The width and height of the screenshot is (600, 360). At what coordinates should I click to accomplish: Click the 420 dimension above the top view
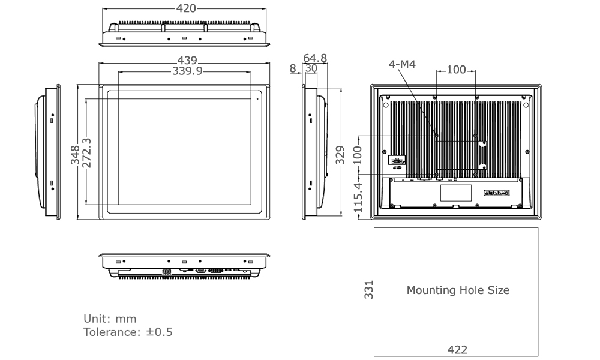[x=185, y=9]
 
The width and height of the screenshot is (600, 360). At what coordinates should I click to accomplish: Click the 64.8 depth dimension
[x=315, y=58]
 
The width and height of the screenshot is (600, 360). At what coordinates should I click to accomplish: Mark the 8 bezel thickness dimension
[x=292, y=68]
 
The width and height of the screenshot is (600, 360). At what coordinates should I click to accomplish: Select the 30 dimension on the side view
[x=311, y=68]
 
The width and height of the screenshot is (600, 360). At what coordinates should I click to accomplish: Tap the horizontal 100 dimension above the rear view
[x=456, y=70]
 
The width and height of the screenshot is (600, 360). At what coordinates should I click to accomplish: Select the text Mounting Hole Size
[x=458, y=290]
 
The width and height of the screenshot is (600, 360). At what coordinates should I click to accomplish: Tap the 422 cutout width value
[x=457, y=350]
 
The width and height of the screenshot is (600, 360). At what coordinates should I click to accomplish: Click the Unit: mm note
[x=109, y=318]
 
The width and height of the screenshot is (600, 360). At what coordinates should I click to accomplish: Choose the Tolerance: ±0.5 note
[x=127, y=331]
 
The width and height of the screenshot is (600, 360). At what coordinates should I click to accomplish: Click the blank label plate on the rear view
[x=457, y=193]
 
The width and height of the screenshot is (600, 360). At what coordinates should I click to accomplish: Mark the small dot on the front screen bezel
[x=257, y=98]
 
